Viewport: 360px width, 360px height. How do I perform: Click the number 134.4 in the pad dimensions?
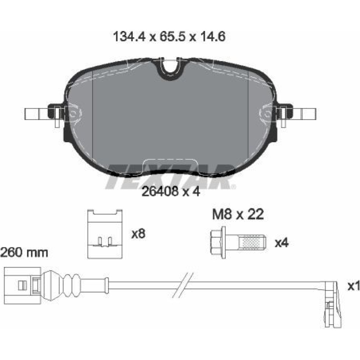point(130,37)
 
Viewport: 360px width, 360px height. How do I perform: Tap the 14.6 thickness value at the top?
point(213,37)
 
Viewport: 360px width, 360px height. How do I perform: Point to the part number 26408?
point(160,191)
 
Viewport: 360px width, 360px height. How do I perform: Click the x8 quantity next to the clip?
point(138,234)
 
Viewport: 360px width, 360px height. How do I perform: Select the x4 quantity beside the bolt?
point(282,242)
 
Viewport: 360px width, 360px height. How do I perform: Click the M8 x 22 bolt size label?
point(238,215)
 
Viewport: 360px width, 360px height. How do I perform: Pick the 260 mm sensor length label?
point(24,253)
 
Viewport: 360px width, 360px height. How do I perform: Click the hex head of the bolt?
point(217,242)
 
